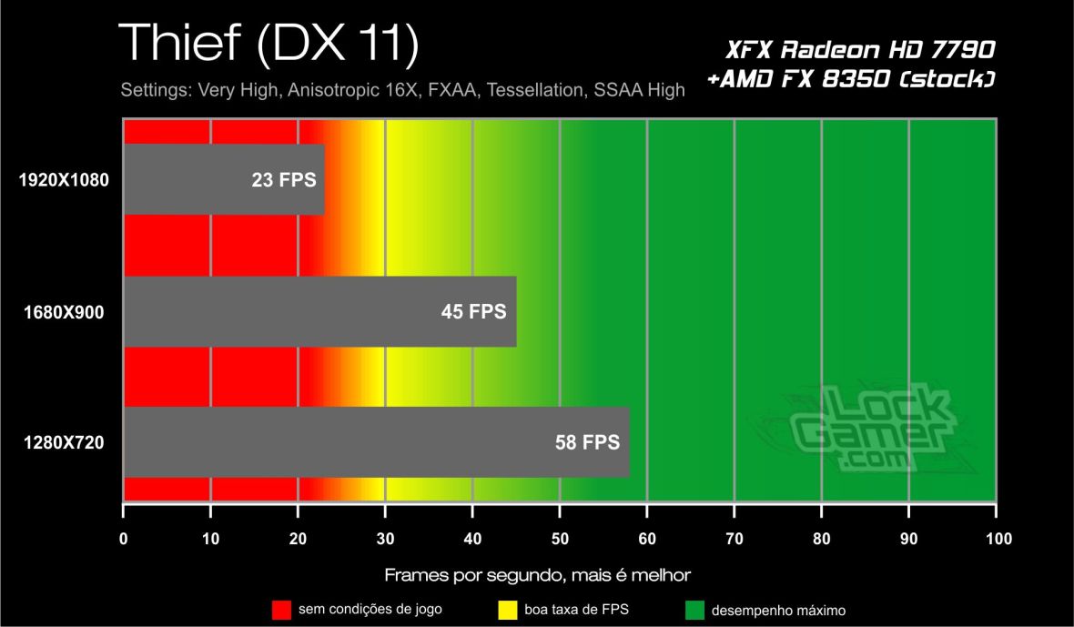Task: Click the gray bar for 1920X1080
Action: [x=223, y=179]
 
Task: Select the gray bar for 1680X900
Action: [x=319, y=312]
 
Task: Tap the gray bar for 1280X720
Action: [x=376, y=442]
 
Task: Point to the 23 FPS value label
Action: [x=284, y=180]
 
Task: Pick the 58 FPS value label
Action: [x=587, y=443]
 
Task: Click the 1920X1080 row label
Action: [x=64, y=180]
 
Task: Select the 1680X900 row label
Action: [x=64, y=312]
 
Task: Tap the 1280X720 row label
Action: [x=64, y=443]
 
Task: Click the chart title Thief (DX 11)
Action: [x=268, y=43]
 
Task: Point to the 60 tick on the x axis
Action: [x=647, y=538]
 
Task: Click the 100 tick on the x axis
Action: [x=998, y=538]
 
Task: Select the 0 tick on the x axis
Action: [x=124, y=538]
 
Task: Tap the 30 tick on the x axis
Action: [x=385, y=538]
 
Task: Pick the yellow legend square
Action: [x=508, y=608]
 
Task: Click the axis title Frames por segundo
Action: [x=538, y=575]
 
